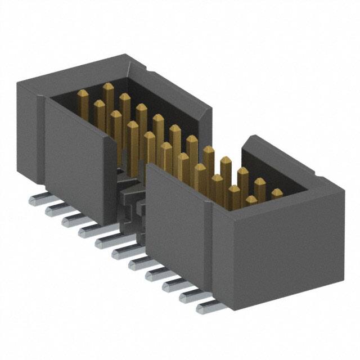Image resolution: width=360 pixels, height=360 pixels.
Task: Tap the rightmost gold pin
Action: [x=277, y=195]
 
